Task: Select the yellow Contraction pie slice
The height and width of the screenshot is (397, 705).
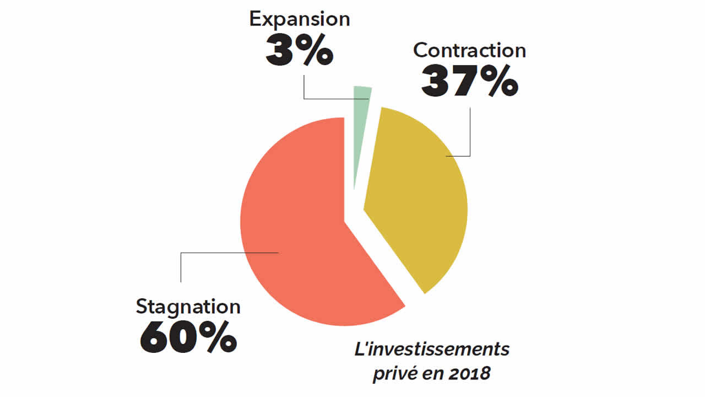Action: click(x=419, y=204)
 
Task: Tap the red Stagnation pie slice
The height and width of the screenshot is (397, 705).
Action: click(x=297, y=232)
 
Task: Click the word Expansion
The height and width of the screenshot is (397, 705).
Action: click(x=300, y=19)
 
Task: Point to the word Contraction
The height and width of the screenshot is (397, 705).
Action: click(x=469, y=50)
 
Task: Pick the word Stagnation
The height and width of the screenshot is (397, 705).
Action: click(x=188, y=307)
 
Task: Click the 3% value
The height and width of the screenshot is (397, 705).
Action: click(x=300, y=50)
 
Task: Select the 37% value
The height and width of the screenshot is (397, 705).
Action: click(x=469, y=82)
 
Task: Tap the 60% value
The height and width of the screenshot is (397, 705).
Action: click(x=188, y=338)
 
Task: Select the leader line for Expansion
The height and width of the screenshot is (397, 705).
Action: click(x=304, y=91)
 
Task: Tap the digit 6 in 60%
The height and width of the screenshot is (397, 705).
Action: click(x=156, y=338)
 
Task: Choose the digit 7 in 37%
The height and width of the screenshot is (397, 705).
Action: click(x=468, y=82)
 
